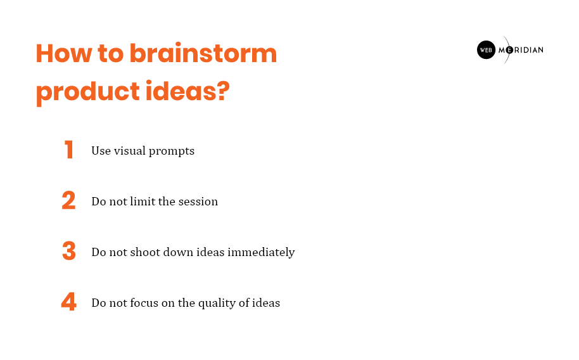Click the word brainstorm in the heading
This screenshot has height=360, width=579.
coord(203,54)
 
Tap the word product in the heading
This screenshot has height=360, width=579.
coord(88,92)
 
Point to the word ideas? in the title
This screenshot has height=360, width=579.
coord(188,91)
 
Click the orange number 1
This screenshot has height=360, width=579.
coord(68,150)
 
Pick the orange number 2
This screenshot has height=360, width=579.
coord(68,200)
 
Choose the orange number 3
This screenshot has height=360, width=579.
coord(69,251)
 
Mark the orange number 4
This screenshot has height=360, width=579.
coord(69,302)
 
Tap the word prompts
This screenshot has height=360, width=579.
coord(172,151)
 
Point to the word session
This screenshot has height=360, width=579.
coord(198,202)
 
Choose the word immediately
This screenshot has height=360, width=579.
coord(261,253)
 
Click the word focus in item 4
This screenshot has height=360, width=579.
coord(144,303)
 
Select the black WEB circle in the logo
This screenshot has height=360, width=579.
coord(486,50)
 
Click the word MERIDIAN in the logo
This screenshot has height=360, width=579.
coord(521,50)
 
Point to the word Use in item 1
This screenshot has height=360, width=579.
coord(101,151)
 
